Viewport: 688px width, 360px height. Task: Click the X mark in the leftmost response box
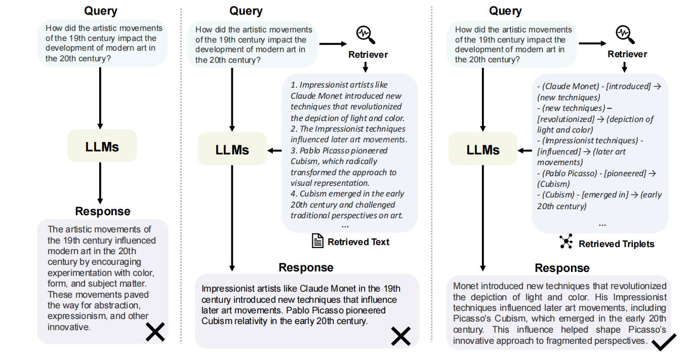[x=155, y=332]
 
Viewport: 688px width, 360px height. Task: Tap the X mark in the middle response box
[x=400, y=336]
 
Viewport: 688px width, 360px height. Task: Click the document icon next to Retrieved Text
[x=317, y=241]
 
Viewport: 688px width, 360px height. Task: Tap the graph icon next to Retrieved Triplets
[x=566, y=242]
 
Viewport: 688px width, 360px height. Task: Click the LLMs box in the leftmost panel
[x=102, y=147]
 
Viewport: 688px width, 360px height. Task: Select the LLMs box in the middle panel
[x=232, y=150]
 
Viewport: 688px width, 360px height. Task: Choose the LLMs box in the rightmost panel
[x=483, y=150]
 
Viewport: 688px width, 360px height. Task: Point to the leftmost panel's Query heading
[x=101, y=11]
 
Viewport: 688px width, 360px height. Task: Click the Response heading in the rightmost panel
[x=562, y=268]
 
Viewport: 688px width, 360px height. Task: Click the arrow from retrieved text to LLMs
[x=274, y=150]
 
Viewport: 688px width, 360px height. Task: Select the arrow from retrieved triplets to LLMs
[x=524, y=150]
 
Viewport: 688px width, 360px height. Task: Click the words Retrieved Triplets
[x=616, y=244]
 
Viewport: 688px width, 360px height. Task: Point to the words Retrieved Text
[x=358, y=242]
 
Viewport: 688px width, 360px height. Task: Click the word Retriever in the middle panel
[x=368, y=55]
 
